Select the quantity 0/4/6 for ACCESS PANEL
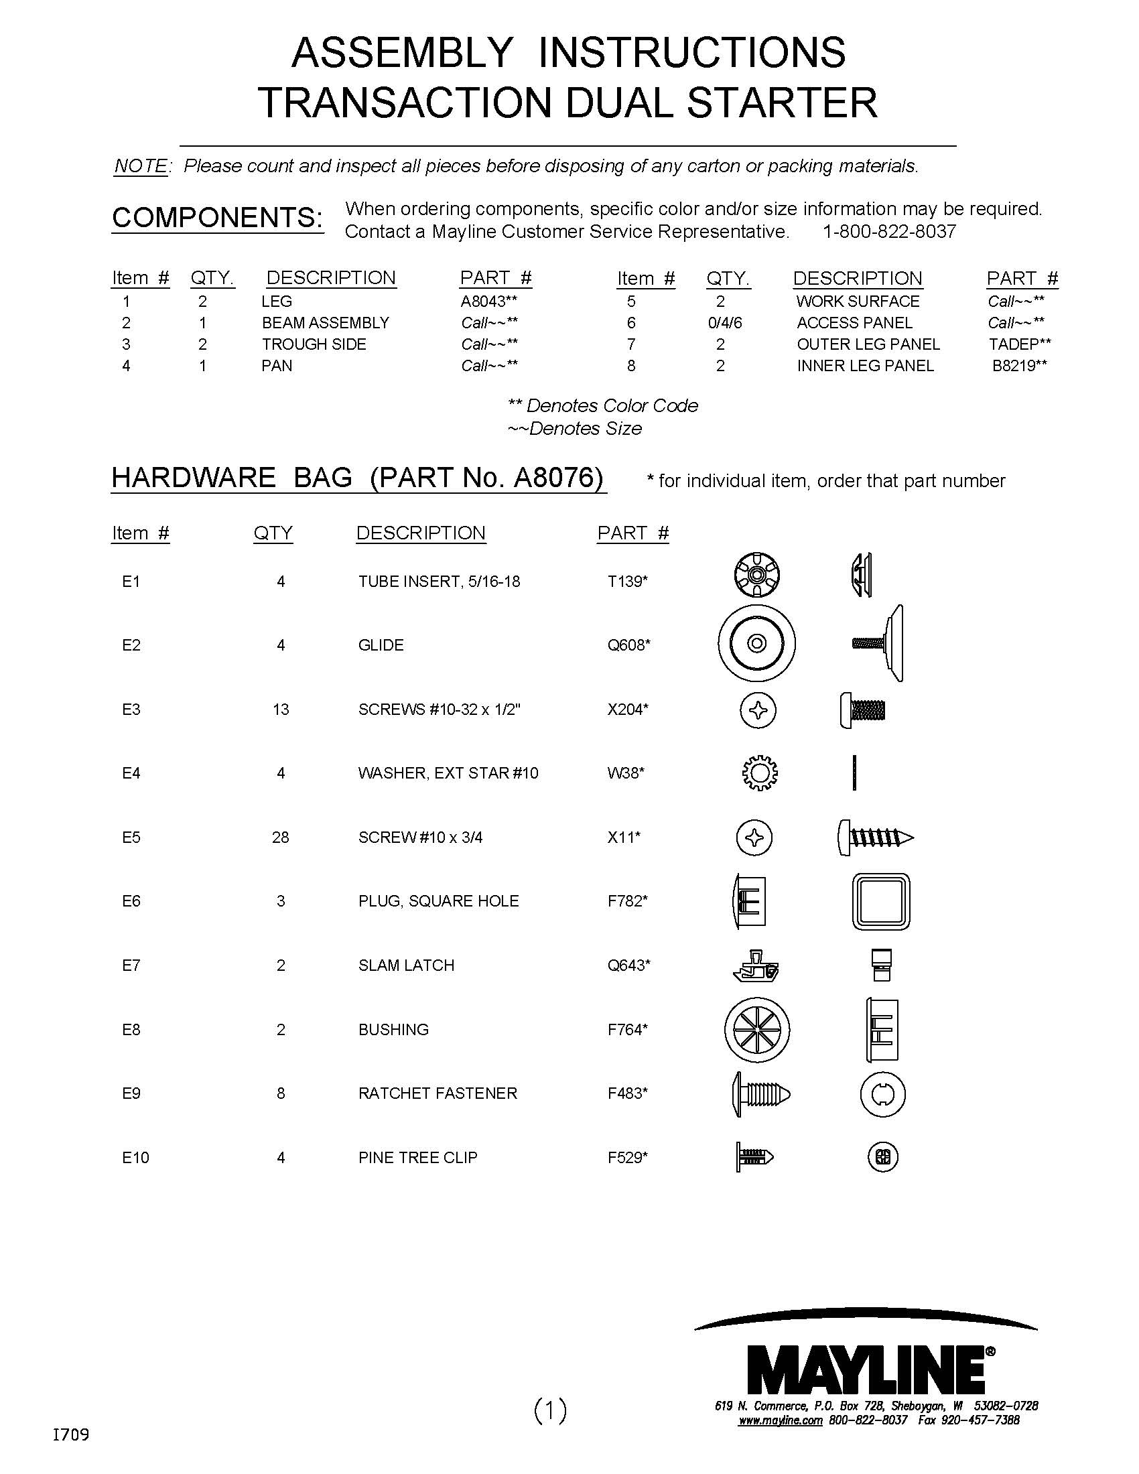(x=725, y=323)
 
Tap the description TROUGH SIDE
(x=314, y=344)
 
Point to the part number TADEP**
(x=1020, y=344)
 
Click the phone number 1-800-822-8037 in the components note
(x=888, y=232)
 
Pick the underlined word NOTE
(x=141, y=166)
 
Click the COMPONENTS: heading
(x=217, y=217)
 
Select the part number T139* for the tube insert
(x=628, y=582)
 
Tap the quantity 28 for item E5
(x=280, y=837)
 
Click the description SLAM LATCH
(x=406, y=965)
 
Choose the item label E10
(x=135, y=1158)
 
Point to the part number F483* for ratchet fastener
(x=628, y=1093)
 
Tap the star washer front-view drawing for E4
(x=760, y=772)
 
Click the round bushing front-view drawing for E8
(x=756, y=1030)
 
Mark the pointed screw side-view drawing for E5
(x=875, y=837)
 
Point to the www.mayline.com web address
(x=779, y=1420)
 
